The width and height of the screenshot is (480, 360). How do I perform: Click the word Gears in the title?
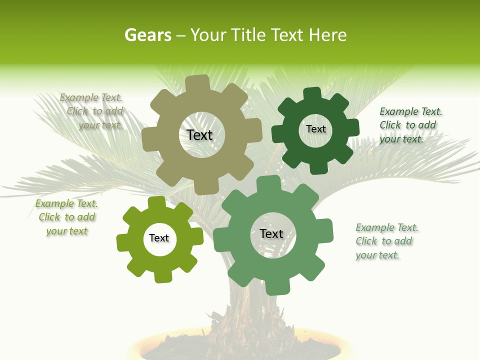tap(147, 35)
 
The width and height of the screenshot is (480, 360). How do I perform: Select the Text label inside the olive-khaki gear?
tap(199, 135)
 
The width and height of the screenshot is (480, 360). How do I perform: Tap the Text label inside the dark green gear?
tap(315, 129)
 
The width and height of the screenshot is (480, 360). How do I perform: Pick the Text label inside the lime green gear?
tap(159, 238)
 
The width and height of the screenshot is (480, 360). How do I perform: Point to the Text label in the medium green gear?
tap(271, 233)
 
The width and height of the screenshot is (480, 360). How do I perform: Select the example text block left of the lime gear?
tap(66, 217)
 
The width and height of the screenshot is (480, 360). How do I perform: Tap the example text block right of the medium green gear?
tap(386, 241)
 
